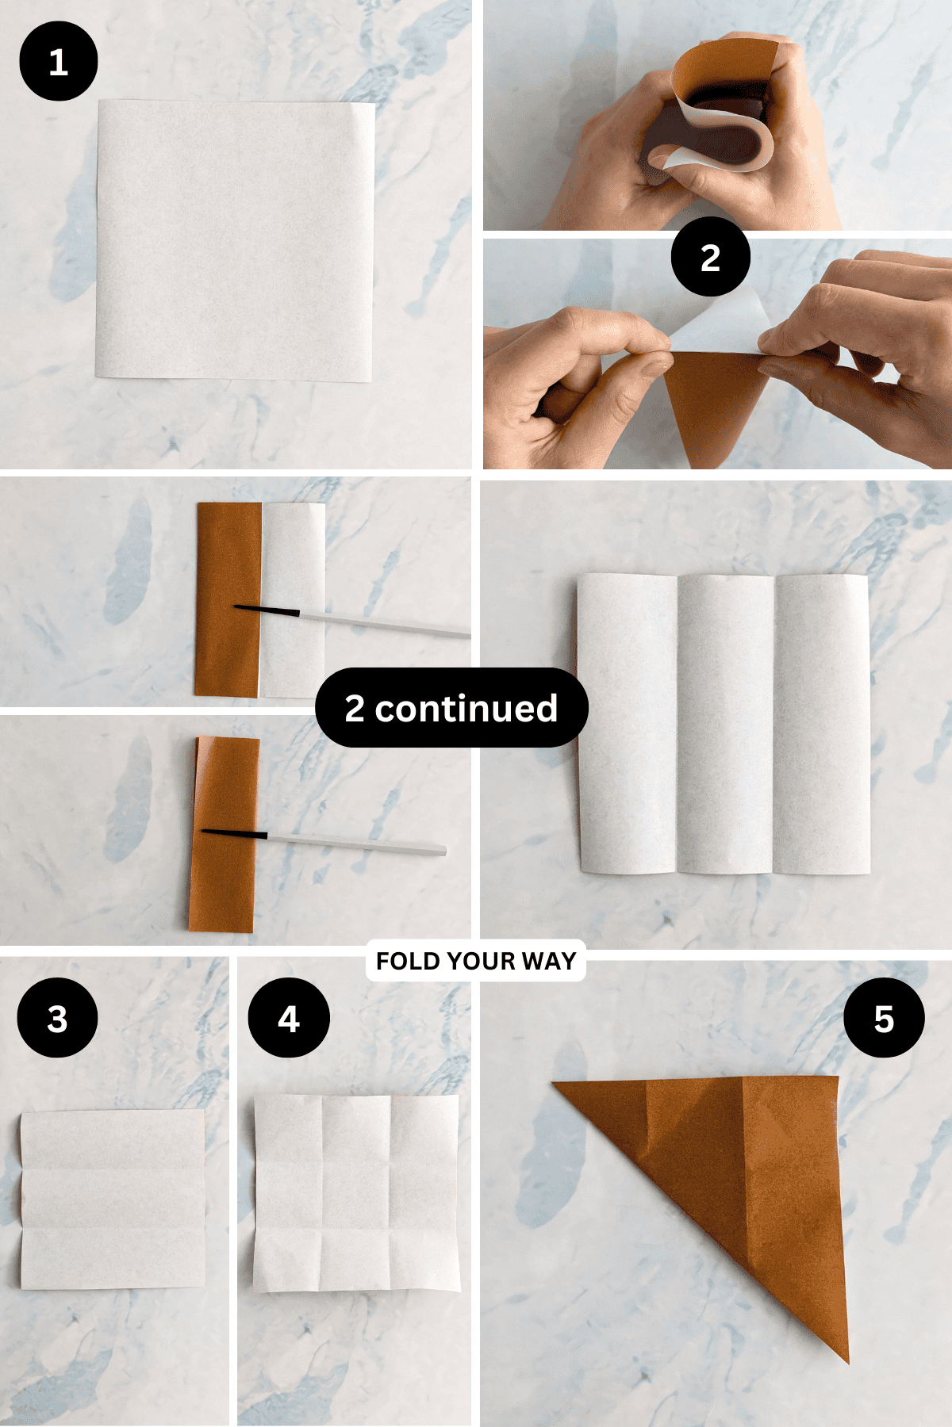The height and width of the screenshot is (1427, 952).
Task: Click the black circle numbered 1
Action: click(58, 61)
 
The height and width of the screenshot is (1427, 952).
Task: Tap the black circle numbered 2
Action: click(710, 257)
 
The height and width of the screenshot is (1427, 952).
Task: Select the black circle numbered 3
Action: click(57, 1018)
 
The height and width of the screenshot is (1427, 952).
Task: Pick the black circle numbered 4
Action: click(289, 1018)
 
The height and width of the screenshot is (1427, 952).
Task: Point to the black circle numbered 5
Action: click(884, 1018)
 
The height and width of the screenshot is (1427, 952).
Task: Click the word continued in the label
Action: click(466, 708)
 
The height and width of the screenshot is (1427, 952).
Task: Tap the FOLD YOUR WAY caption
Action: click(476, 961)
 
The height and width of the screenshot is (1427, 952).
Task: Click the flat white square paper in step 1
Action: click(235, 239)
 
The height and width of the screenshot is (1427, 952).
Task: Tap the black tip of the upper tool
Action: click(266, 610)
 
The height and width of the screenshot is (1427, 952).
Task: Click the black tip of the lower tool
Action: click(234, 832)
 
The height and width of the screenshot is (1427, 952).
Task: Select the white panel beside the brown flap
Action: click(294, 555)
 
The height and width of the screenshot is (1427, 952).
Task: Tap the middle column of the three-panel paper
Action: click(725, 723)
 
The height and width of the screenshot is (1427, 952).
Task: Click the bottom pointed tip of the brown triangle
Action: click(846, 1359)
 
